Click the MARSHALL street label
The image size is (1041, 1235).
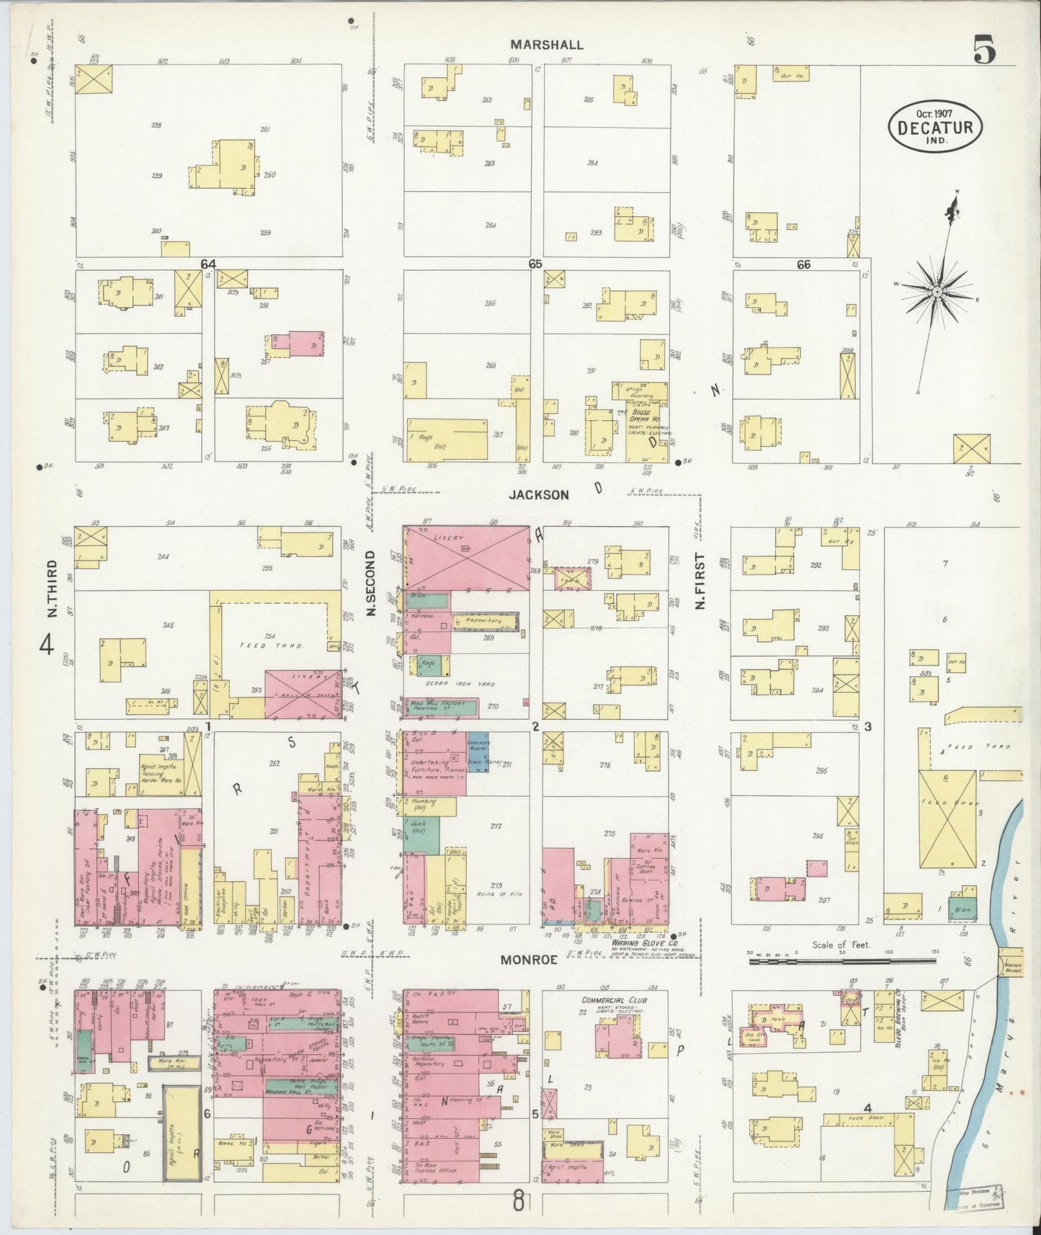547,45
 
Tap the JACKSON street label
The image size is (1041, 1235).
539,495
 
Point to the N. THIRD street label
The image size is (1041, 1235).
52,589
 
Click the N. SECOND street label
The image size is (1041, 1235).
372,583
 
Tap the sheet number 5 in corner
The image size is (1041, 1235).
984,50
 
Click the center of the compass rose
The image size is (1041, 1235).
937,292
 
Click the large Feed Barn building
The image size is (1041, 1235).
946,819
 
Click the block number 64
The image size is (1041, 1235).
209,264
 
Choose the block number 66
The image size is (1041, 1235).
803,264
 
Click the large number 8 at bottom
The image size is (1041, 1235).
518,1200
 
